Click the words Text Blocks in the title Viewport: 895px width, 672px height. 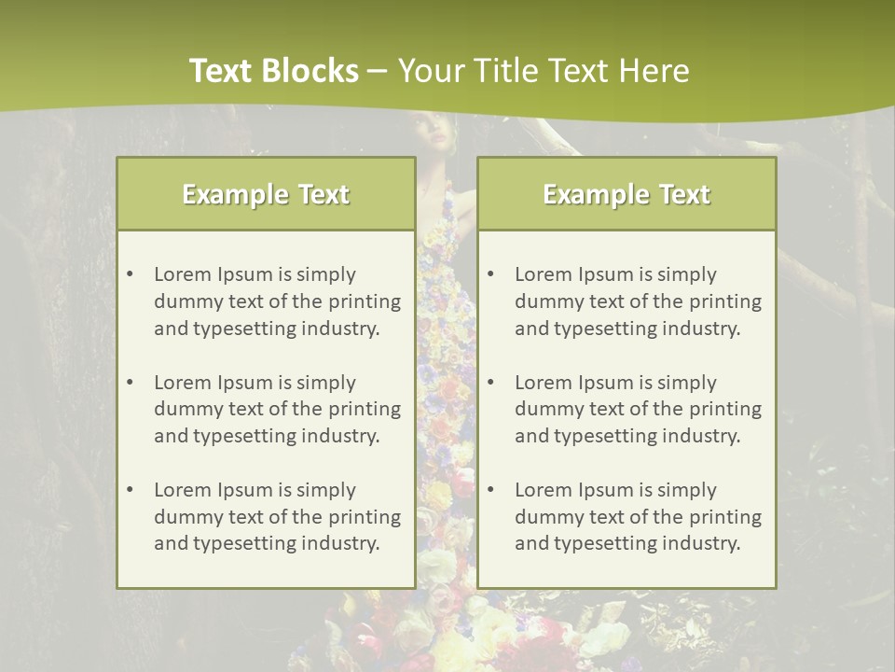click(273, 71)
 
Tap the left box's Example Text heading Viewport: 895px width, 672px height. click(266, 194)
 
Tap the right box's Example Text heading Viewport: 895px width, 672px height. click(626, 194)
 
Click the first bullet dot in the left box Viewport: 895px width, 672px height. click(130, 274)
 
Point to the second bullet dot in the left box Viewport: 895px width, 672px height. click(130, 383)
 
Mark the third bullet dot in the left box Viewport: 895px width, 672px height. click(130, 490)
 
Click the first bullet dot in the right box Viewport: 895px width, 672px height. click(490, 274)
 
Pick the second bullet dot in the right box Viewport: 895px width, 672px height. click(490, 383)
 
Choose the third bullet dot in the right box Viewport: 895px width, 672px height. click(490, 490)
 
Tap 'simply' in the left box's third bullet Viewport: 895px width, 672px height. click(324, 490)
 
